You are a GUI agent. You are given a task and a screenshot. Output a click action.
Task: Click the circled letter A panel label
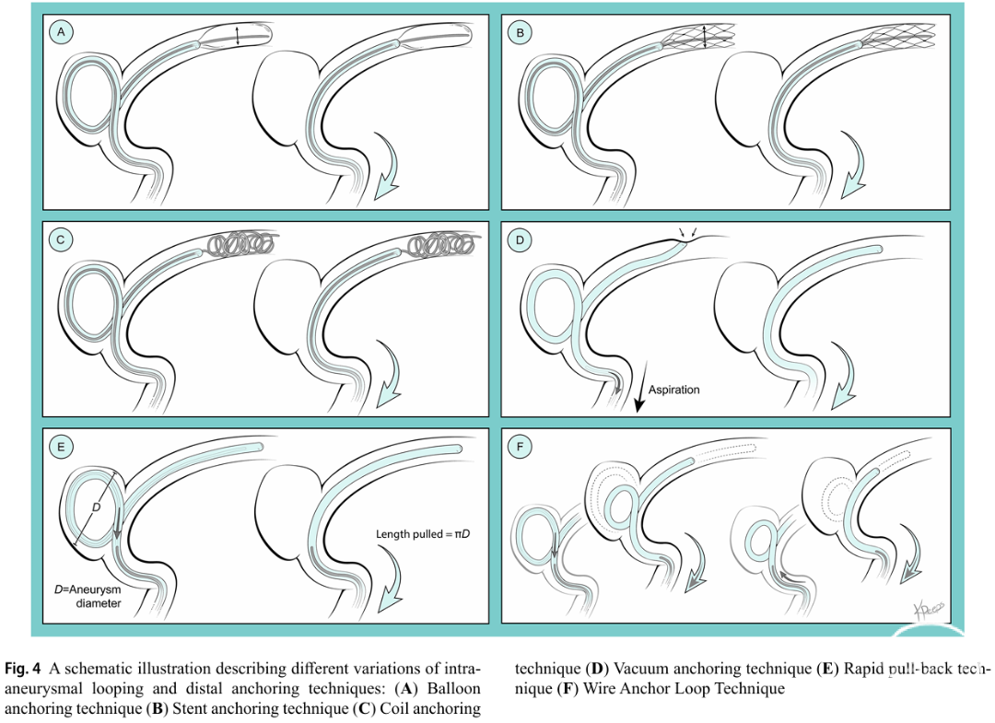(61, 32)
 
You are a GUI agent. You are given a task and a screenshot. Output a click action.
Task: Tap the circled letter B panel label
(521, 33)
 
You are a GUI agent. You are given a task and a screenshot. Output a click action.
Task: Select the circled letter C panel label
(61, 239)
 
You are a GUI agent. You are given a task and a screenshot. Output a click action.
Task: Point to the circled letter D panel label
(521, 240)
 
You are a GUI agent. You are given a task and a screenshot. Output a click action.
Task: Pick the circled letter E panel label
(61, 447)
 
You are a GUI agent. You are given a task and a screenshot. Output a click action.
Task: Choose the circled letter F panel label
(521, 447)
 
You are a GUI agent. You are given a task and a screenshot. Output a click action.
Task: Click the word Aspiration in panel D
(673, 390)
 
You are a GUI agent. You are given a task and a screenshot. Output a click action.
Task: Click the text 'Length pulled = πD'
(423, 534)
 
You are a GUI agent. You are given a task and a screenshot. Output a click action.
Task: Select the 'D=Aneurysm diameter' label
(88, 596)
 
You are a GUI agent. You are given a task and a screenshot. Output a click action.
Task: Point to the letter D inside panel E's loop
(97, 507)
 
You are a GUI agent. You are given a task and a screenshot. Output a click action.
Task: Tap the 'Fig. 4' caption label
(23, 669)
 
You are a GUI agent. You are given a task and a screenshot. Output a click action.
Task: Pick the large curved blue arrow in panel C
(387, 374)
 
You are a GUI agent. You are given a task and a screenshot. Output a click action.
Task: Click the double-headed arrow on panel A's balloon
(238, 35)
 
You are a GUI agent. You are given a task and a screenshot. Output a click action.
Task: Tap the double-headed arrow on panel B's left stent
(705, 36)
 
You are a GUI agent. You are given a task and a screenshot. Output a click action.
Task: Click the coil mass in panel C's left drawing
(240, 243)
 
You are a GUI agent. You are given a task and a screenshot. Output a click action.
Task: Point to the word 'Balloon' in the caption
(453, 688)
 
